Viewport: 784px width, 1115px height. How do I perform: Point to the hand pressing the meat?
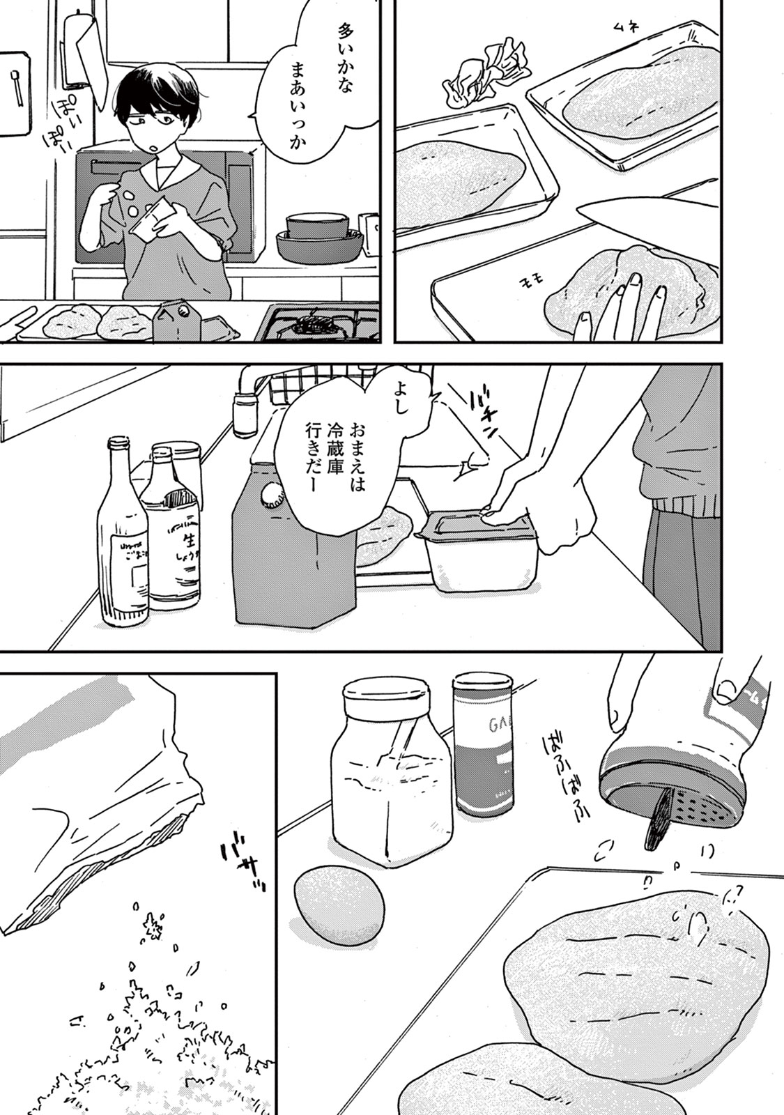(630, 307)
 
